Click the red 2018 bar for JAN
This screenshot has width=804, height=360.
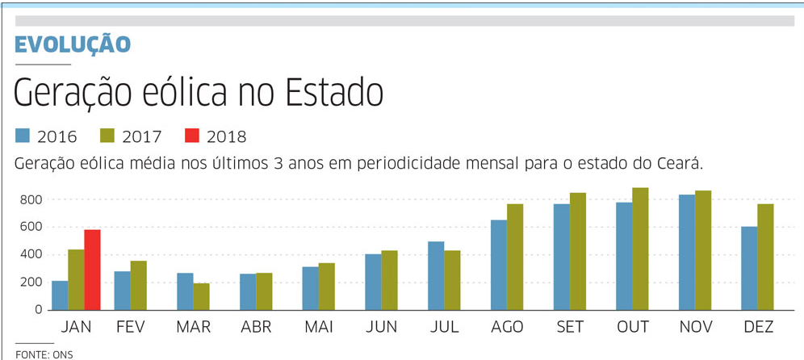tap(92, 270)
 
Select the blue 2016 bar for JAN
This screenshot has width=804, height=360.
tap(60, 295)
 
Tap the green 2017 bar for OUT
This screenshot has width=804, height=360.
tap(640, 249)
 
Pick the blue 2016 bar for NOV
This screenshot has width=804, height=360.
tap(686, 252)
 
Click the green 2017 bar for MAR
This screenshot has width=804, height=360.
tap(201, 296)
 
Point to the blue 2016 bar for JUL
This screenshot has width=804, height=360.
tap(436, 275)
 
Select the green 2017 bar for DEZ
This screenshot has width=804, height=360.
tap(765, 257)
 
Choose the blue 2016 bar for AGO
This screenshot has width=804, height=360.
tap(499, 265)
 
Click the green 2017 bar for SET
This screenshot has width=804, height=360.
tap(577, 251)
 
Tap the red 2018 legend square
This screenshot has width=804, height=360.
tap(191, 136)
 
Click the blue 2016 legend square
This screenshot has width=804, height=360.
tap(23, 136)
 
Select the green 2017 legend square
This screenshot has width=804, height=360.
tap(107, 136)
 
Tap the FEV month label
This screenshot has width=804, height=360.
tap(130, 328)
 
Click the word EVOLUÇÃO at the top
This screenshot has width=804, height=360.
tap(73, 44)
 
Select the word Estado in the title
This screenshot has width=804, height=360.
tap(333, 94)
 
